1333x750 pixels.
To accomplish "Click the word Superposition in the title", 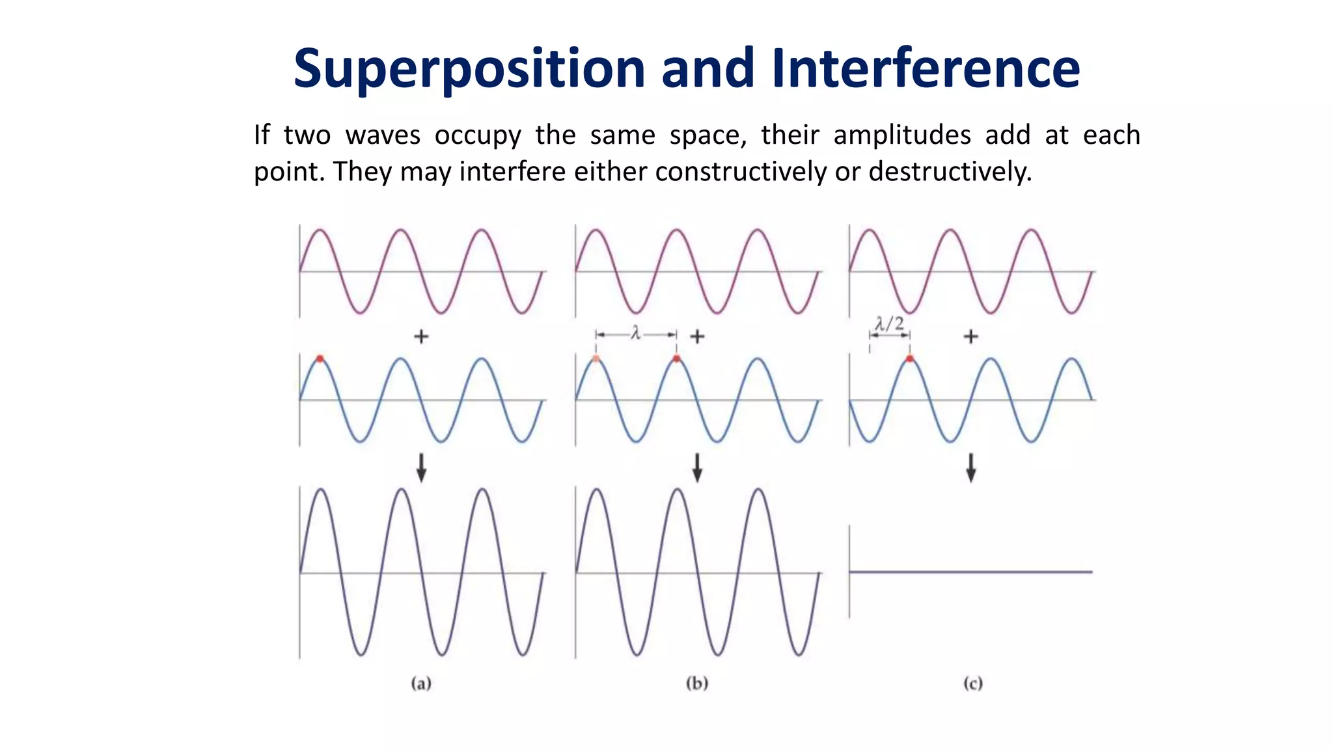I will pyautogui.click(x=469, y=70).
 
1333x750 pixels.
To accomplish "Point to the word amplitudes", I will pyautogui.click(x=901, y=135).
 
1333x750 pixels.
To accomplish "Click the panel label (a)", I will pyautogui.click(x=421, y=684).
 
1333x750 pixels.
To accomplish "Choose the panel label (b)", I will pyautogui.click(x=697, y=684).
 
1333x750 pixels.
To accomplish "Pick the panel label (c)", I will pyautogui.click(x=972, y=684).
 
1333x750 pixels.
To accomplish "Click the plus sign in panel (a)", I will pyautogui.click(x=421, y=337).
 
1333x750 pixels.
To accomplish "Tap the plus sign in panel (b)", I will pyautogui.click(x=697, y=337).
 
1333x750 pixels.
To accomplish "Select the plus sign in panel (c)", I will pyautogui.click(x=970, y=337).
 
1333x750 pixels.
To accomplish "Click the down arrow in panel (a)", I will pyautogui.click(x=421, y=467).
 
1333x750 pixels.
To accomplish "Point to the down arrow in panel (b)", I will pyautogui.click(x=697, y=467).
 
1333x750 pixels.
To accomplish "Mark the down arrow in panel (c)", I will pyautogui.click(x=970, y=467).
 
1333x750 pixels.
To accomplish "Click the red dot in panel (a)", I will pyautogui.click(x=320, y=359).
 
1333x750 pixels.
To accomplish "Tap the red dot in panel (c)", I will pyautogui.click(x=909, y=359).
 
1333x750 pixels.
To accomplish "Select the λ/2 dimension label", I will pyautogui.click(x=889, y=324).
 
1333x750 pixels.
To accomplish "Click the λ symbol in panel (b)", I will pyautogui.click(x=636, y=334).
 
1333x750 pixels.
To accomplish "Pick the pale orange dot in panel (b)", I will pyautogui.click(x=596, y=359).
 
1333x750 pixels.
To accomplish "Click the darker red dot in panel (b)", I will pyautogui.click(x=676, y=359).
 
